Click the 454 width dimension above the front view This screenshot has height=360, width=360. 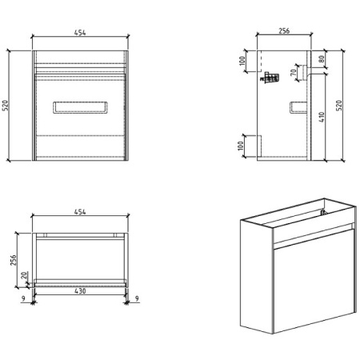(x=80, y=33)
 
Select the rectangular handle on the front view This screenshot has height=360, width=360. (x=80, y=108)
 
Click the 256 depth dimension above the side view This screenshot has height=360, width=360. (x=284, y=31)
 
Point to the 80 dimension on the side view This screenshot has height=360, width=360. (x=322, y=58)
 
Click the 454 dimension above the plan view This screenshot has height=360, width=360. (x=80, y=212)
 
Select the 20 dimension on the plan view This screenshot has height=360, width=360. (x=25, y=277)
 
